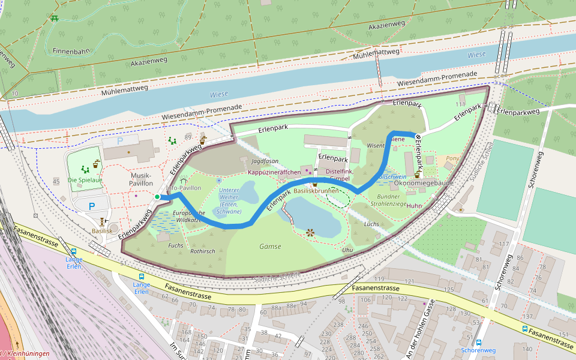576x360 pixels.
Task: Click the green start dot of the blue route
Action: tap(157, 197)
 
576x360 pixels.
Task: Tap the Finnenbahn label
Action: tap(71, 51)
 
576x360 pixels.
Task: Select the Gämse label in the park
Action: tap(270, 246)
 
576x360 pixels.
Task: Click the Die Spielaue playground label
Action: tap(85, 180)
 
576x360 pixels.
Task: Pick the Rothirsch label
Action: tap(202, 251)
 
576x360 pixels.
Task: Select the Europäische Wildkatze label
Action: tap(188, 217)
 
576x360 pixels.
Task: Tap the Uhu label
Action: tap(347, 249)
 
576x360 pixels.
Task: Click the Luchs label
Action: tap(371, 224)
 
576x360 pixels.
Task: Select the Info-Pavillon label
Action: tap(183, 188)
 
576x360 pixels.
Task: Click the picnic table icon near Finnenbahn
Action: tap(55, 19)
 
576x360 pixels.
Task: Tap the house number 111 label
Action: tap(460, 104)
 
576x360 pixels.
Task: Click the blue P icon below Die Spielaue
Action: tap(92, 206)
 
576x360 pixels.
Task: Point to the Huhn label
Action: tap(414, 206)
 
